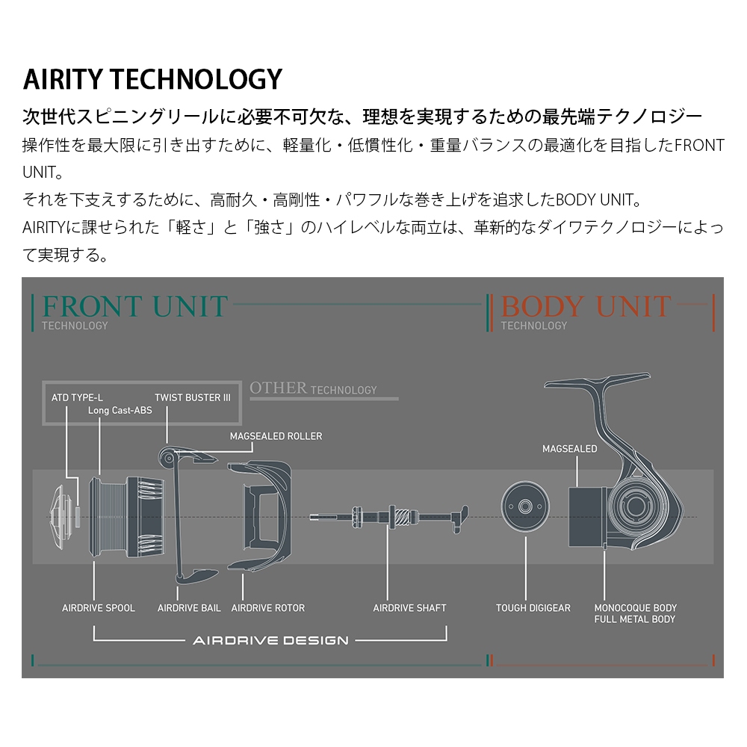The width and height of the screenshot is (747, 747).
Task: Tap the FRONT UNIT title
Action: click(x=134, y=306)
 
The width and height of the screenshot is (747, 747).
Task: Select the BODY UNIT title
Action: click(x=586, y=306)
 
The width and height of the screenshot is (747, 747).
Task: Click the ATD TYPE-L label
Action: click(x=77, y=397)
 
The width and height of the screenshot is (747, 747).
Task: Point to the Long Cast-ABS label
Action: click(x=120, y=410)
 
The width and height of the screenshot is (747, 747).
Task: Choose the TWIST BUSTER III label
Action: click(x=193, y=397)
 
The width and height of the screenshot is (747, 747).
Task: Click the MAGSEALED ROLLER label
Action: click(x=276, y=436)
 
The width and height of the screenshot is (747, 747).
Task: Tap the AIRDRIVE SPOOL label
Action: click(x=99, y=608)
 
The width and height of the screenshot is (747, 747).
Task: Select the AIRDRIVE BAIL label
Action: click(x=189, y=608)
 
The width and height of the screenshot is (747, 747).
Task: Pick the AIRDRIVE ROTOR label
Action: click(x=267, y=608)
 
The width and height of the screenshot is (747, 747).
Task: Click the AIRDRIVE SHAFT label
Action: click(x=409, y=608)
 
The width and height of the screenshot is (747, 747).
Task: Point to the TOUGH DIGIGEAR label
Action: click(x=533, y=608)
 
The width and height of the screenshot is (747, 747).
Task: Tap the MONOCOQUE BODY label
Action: click(x=636, y=608)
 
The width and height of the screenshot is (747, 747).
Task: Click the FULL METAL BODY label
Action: click(x=634, y=619)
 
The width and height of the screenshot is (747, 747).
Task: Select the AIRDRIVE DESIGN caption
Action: click(x=270, y=640)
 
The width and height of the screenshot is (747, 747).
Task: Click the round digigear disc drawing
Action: click(x=525, y=506)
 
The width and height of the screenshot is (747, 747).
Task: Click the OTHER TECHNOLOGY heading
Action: click(x=313, y=388)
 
